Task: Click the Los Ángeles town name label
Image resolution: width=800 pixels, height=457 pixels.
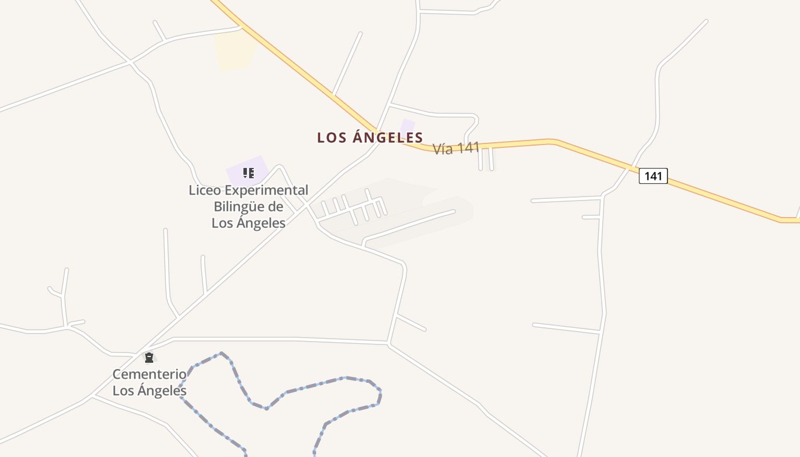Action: click(370, 138)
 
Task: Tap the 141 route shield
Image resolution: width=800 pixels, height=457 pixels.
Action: click(653, 176)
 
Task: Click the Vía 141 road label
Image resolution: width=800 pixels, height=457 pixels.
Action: click(455, 149)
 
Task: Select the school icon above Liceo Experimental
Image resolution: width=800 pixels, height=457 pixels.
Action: click(248, 173)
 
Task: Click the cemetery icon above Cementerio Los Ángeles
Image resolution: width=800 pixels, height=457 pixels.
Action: click(149, 358)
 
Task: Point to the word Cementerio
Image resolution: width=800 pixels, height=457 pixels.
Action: click(149, 374)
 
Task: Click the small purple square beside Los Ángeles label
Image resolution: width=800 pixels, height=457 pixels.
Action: click(407, 126)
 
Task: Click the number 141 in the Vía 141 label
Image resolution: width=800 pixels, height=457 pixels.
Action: click(468, 147)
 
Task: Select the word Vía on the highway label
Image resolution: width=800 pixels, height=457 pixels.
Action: click(443, 150)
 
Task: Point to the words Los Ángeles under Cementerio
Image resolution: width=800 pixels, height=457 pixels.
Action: click(149, 391)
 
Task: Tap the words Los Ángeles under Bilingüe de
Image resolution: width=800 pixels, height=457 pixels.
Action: click(248, 223)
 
